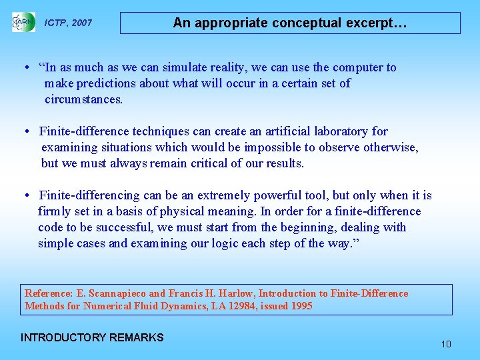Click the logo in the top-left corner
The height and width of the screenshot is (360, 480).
point(23,22)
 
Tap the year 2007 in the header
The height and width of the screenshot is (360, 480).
point(81,23)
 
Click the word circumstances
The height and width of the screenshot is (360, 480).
point(83,99)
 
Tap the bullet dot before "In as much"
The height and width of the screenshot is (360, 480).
point(25,67)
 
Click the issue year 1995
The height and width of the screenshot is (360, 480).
point(299,306)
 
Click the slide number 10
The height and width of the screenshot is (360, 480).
point(446,344)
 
